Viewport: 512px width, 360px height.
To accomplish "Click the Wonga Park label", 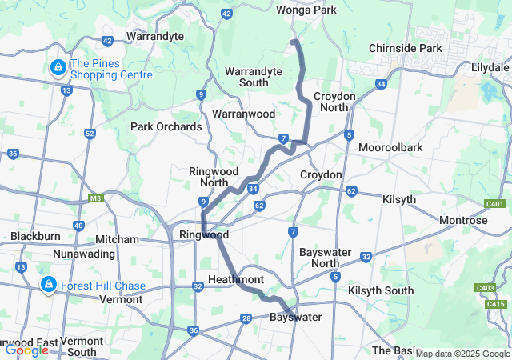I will pyautogui.click(x=306, y=10).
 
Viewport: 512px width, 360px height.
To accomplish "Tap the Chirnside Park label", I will pyautogui.click(x=406, y=48).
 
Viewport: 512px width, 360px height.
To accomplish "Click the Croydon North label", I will pyautogui.click(x=331, y=101).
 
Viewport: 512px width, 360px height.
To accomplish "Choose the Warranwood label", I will pyautogui.click(x=244, y=114).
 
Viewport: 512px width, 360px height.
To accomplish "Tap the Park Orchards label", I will pyautogui.click(x=166, y=126).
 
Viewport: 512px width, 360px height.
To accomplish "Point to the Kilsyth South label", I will pyautogui.click(x=381, y=290).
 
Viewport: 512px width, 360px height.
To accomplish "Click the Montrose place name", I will pyautogui.click(x=463, y=220).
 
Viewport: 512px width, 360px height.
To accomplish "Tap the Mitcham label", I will pyautogui.click(x=117, y=239).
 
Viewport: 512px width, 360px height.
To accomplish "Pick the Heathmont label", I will pyautogui.click(x=236, y=278).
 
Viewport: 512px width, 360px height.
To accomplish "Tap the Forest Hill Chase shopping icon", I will pyautogui.click(x=49, y=285).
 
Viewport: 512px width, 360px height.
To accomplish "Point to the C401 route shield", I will pyautogui.click(x=497, y=206).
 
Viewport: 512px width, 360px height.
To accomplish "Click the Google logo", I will pyautogui.click(x=26, y=350).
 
